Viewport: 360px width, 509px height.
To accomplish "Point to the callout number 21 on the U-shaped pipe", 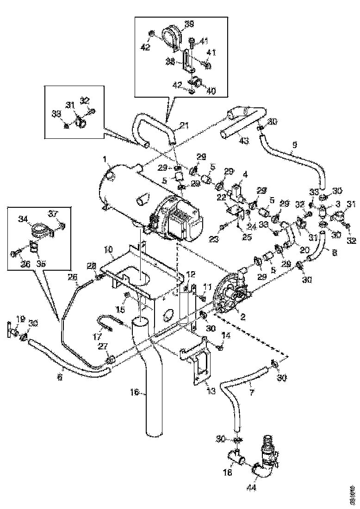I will point(185,125).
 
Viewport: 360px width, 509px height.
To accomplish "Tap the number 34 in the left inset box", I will point(22,219).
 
